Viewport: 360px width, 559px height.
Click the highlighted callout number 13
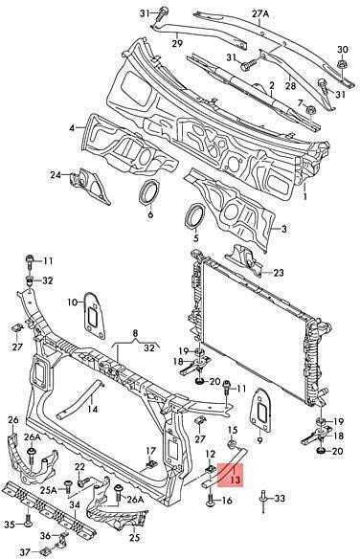(235, 480)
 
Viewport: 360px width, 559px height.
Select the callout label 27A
(260, 14)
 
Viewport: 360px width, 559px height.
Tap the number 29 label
(177, 43)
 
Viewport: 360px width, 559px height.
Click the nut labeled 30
(342, 65)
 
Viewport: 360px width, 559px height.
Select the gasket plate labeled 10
(94, 315)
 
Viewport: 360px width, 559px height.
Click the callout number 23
(279, 273)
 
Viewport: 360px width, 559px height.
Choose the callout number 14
(92, 409)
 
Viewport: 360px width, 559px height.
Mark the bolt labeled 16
(211, 500)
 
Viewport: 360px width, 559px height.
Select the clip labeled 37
(45, 551)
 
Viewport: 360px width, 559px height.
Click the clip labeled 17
(150, 464)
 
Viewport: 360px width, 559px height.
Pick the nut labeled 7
(310, 110)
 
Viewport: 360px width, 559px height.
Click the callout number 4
(73, 127)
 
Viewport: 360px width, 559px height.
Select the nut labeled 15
(232, 444)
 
